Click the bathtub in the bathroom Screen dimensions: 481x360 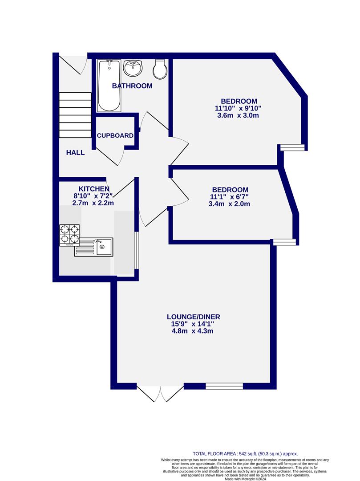click(x=109, y=86)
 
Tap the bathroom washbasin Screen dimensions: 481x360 click(x=132, y=68)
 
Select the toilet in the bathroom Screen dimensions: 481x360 click(x=160, y=69)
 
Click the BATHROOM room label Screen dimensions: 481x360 click(x=132, y=86)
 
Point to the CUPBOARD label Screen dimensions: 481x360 click(x=115, y=135)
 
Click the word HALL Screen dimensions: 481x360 click(x=75, y=152)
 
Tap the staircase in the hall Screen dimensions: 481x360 click(x=75, y=115)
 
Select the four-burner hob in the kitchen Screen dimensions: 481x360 click(x=69, y=235)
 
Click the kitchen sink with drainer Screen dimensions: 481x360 click(x=94, y=247)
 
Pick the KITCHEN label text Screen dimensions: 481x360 click(x=94, y=189)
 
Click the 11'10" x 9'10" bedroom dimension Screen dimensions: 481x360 click(x=238, y=108)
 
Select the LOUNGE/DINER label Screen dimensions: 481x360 click(x=194, y=317)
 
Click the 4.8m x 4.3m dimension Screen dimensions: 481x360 click(x=194, y=331)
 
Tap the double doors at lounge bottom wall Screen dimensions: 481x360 click(x=160, y=392)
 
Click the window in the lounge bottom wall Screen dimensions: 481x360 click(x=224, y=386)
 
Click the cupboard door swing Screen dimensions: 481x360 click(x=111, y=156)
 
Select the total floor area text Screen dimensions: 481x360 click(x=245, y=453)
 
